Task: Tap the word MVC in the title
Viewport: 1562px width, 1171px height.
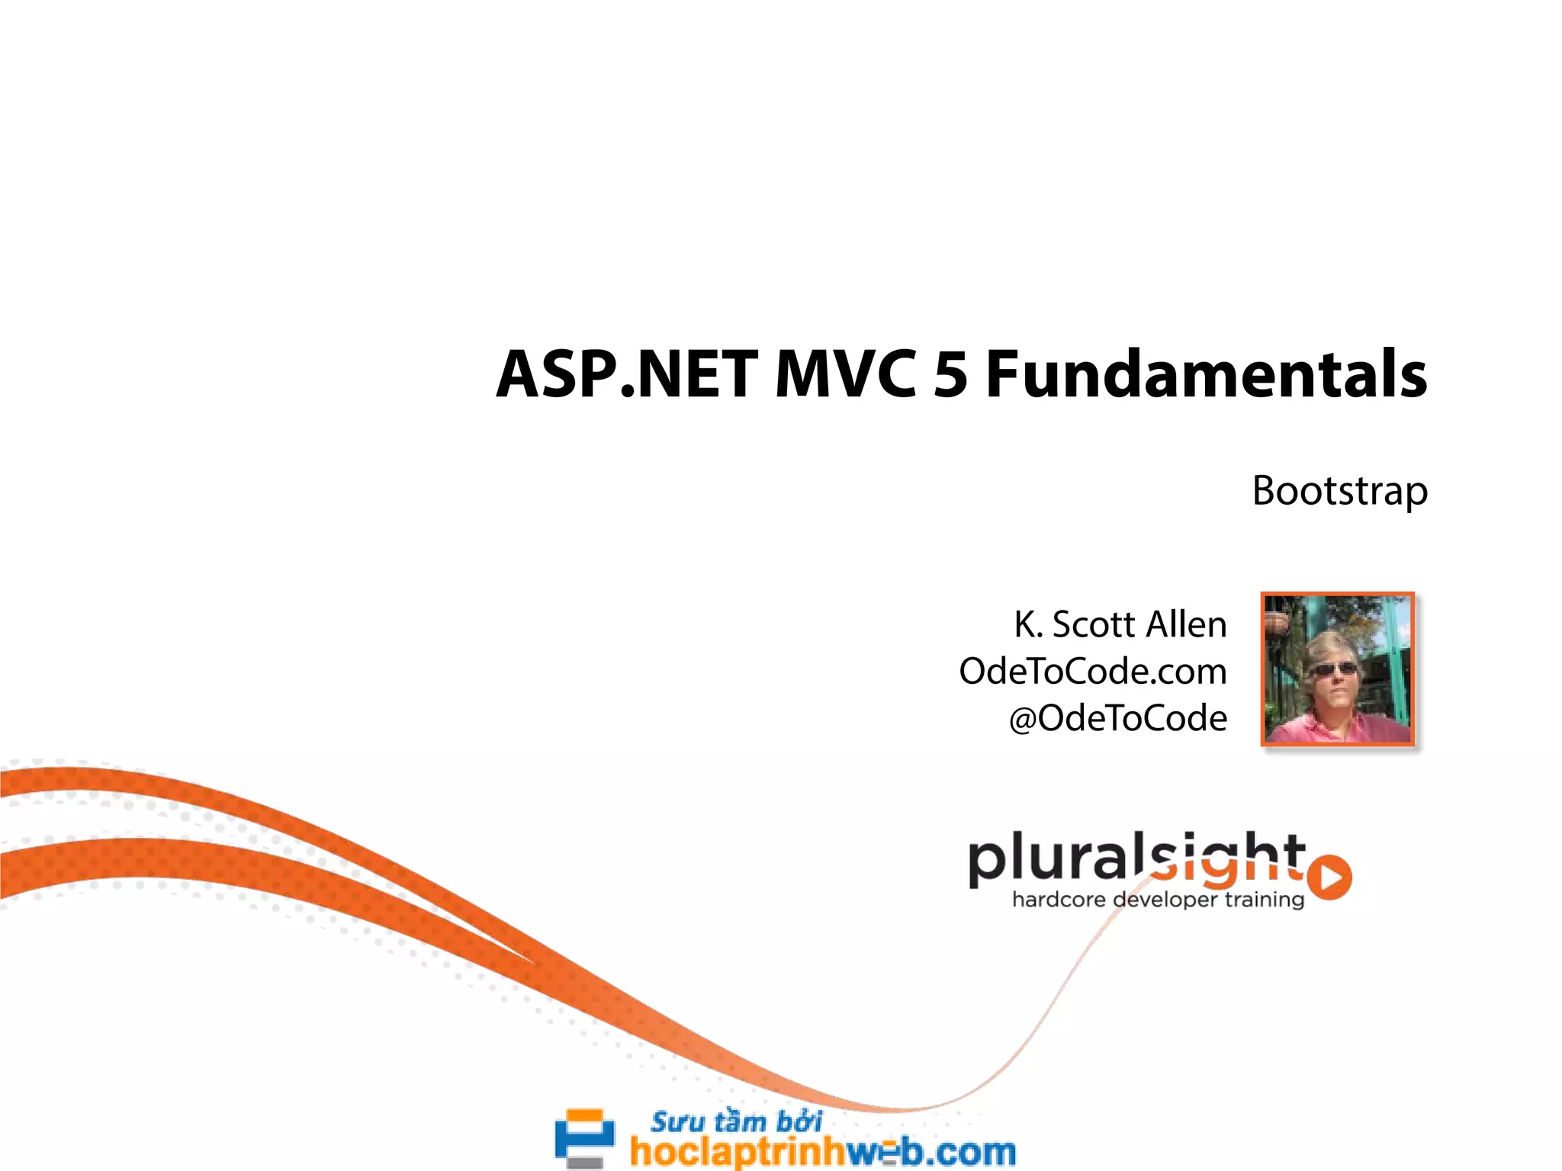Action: point(845,375)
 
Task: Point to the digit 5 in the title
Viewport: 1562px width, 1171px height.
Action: point(950,375)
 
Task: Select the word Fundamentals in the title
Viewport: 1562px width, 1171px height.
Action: point(1205,375)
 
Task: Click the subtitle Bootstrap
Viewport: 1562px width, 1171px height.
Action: point(1339,492)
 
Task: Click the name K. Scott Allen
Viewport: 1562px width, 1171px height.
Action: point(1120,625)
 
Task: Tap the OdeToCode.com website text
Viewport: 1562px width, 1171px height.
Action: point(1092,672)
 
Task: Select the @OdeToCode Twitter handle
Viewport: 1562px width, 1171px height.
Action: point(1118,719)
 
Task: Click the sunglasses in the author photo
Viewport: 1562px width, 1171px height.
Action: point(1332,669)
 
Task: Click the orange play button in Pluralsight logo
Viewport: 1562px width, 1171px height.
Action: point(1330,877)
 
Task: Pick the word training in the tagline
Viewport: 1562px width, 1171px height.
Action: point(1264,900)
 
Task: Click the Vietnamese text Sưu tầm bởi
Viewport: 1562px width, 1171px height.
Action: point(736,1122)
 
